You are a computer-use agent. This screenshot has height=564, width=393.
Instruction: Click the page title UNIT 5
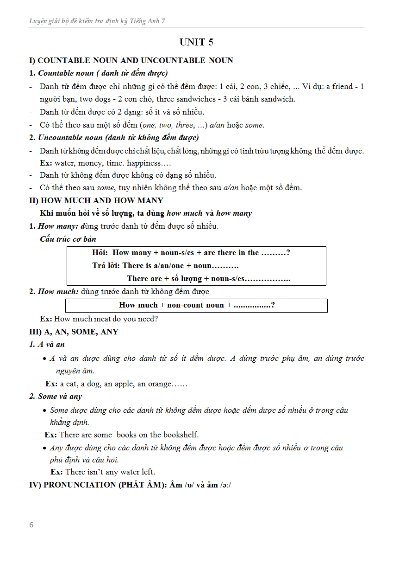point(196,42)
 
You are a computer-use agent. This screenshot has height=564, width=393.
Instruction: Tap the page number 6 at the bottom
point(31,525)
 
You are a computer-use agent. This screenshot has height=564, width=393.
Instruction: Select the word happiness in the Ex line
point(143,163)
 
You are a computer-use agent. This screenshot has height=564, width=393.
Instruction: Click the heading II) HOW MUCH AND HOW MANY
point(96,200)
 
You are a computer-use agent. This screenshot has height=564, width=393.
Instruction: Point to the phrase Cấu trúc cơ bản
point(68,239)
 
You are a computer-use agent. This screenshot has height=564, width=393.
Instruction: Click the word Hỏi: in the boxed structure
point(100,253)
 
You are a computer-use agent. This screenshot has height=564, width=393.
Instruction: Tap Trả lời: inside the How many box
point(106,266)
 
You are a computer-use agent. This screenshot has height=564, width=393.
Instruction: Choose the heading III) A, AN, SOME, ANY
point(74,332)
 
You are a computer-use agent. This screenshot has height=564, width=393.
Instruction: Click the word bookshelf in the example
point(180,435)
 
